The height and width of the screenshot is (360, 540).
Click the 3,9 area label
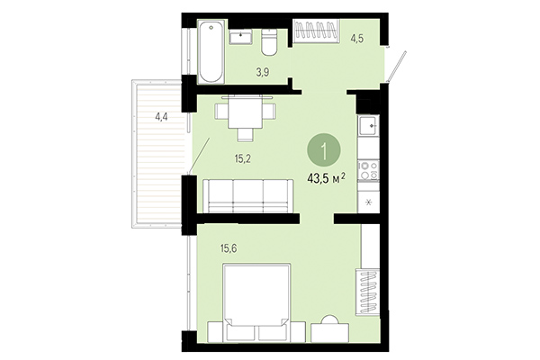pos(238,71)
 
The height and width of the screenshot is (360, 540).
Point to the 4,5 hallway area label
pos(357,39)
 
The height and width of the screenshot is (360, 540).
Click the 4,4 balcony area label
pos(162,115)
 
